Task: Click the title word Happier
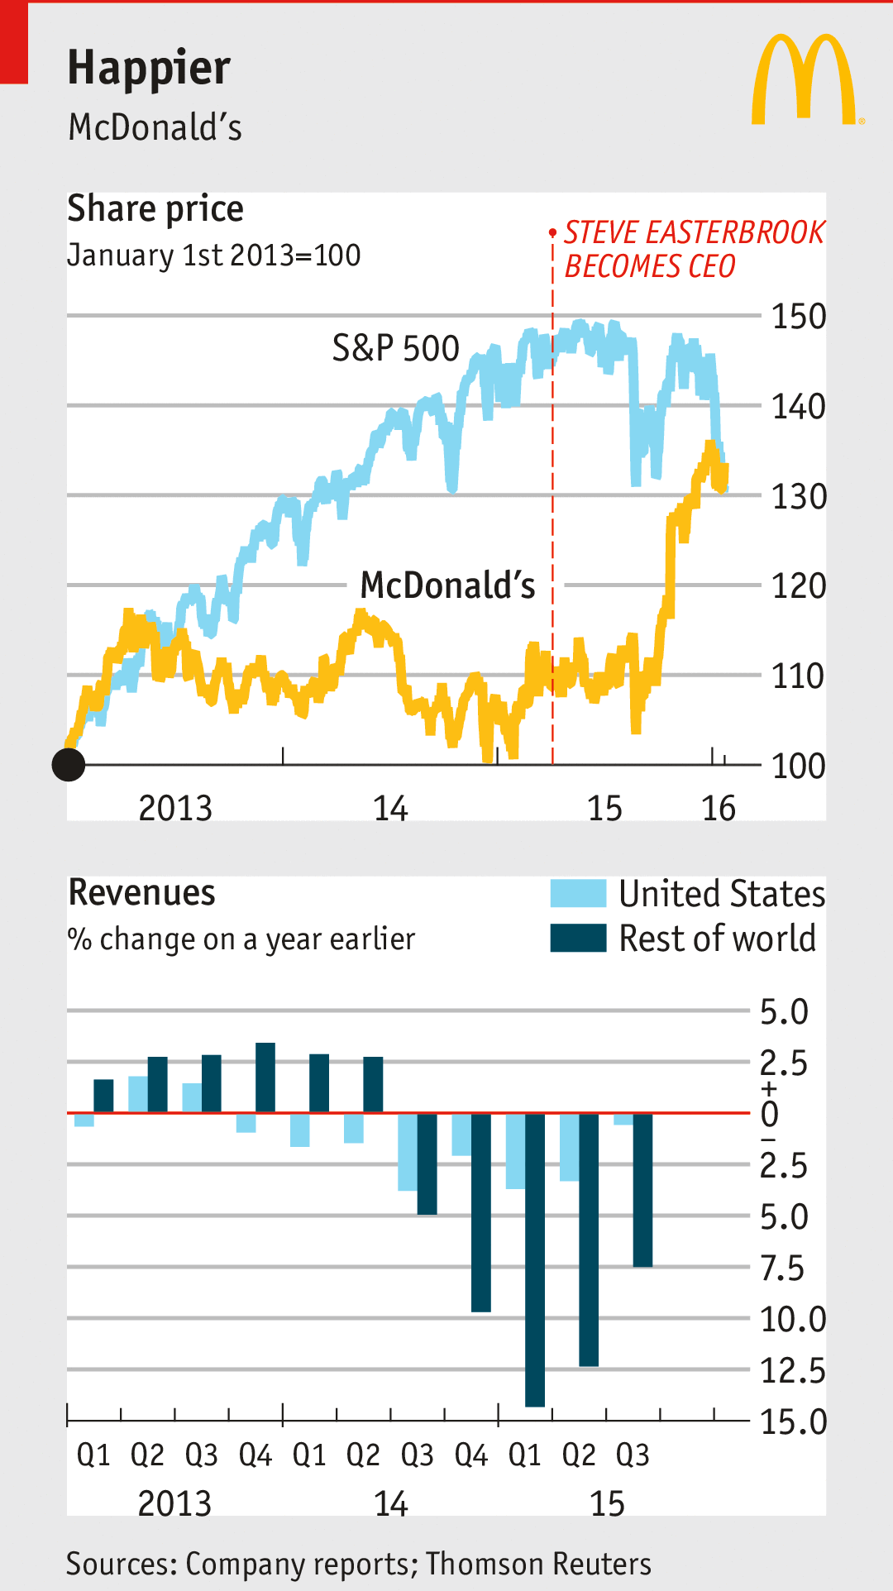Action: tap(149, 68)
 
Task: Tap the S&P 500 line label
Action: tap(395, 348)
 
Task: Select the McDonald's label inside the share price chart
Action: tap(447, 585)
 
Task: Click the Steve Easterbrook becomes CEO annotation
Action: tap(693, 249)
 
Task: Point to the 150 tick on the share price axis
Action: tap(798, 317)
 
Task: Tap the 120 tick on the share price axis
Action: tap(798, 586)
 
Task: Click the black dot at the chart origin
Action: tap(69, 765)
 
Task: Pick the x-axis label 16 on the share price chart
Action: tap(719, 808)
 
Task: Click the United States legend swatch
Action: tap(578, 894)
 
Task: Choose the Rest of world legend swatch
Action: tap(578, 939)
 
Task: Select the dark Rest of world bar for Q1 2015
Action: tap(535, 1259)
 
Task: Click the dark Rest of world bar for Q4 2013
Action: tap(265, 1077)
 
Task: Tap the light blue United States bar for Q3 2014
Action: tap(408, 1151)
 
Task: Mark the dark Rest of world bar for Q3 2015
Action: tap(642, 1189)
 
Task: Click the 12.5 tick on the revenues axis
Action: tap(792, 1371)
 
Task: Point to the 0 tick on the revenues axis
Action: tap(770, 1115)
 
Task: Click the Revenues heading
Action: tap(141, 893)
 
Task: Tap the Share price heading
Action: tap(155, 208)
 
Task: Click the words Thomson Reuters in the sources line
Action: tap(538, 1565)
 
